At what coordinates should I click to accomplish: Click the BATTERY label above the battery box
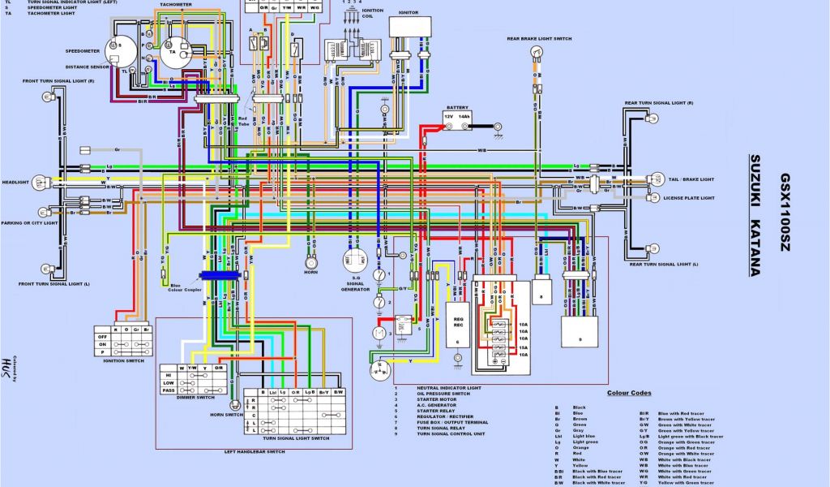[456, 107]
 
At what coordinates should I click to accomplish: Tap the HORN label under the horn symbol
[310, 274]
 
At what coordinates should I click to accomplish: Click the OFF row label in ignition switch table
[103, 336]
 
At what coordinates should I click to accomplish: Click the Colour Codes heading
[629, 393]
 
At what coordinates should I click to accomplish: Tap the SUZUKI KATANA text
[755, 215]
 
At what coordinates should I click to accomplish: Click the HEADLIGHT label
[15, 182]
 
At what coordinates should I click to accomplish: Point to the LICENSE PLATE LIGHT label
[689, 198]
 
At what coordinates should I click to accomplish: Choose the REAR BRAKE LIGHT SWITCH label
[539, 39]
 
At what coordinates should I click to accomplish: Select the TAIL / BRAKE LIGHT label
[689, 179]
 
